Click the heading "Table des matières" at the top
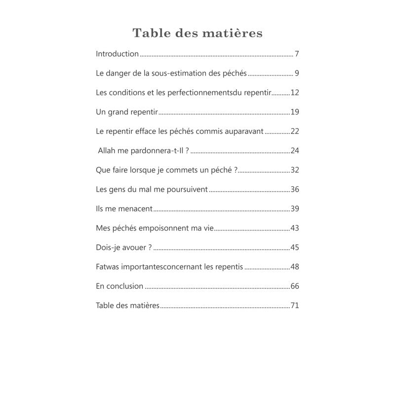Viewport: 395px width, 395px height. [x=197, y=33]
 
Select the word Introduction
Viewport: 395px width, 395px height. [x=117, y=54]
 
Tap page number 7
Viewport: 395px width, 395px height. [x=297, y=54]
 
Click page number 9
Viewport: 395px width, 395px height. [x=297, y=74]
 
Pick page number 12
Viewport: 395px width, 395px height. [x=295, y=93]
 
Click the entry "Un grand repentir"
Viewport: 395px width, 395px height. [x=126, y=112]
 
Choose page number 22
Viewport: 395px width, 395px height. [x=295, y=131]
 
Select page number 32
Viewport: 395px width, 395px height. [x=295, y=170]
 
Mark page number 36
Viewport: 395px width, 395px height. [x=295, y=190]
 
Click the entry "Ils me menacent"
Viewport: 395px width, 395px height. [x=124, y=209]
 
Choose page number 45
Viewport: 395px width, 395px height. [x=295, y=247]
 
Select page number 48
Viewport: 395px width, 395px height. [x=295, y=267]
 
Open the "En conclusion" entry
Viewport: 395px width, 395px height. [x=119, y=286]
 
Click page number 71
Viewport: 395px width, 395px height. [x=295, y=306]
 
